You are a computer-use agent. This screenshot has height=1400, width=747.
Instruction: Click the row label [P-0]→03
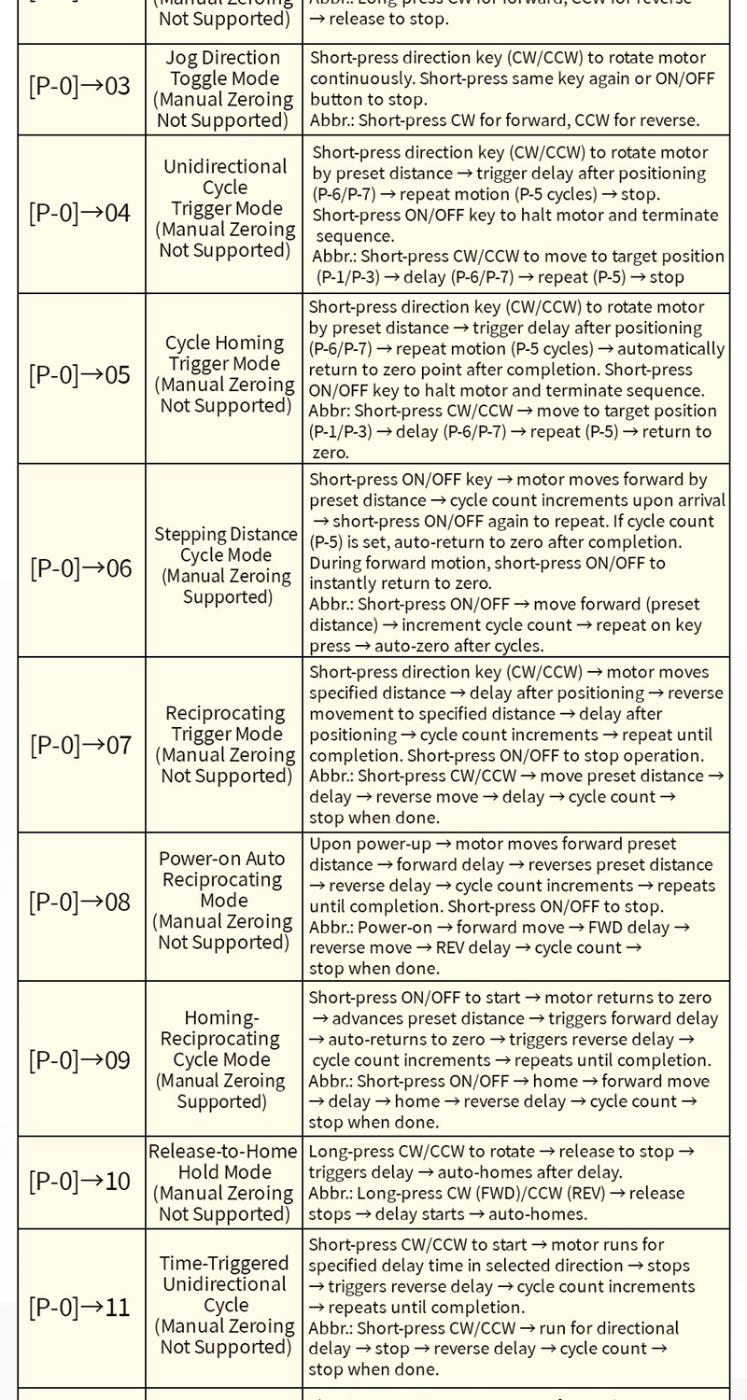[80, 88]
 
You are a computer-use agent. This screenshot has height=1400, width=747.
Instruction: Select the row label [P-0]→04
[80, 213]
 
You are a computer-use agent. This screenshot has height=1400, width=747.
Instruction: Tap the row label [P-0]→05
[80, 375]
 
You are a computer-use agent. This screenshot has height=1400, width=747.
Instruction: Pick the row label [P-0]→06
[81, 567]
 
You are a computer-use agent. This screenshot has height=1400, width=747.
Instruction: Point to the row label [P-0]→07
[81, 745]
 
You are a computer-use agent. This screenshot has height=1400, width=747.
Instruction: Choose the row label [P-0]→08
[80, 902]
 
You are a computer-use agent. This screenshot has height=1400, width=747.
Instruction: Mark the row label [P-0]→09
[80, 1060]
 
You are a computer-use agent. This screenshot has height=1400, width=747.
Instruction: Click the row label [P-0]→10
[80, 1182]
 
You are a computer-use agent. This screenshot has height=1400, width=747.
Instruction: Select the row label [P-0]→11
[80, 1307]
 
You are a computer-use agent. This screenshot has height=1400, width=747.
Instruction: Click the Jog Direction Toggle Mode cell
[224, 89]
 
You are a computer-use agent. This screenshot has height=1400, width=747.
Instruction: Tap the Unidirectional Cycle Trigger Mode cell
[224, 207]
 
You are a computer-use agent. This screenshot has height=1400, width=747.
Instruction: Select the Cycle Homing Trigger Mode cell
[224, 373]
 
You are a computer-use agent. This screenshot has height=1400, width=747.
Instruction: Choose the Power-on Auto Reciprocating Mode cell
[224, 900]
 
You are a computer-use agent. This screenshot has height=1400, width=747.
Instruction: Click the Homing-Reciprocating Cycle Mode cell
[223, 1059]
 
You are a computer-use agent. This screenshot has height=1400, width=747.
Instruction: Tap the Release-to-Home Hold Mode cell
[223, 1182]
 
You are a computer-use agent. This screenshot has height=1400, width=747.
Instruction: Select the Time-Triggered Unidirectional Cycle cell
[224, 1305]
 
